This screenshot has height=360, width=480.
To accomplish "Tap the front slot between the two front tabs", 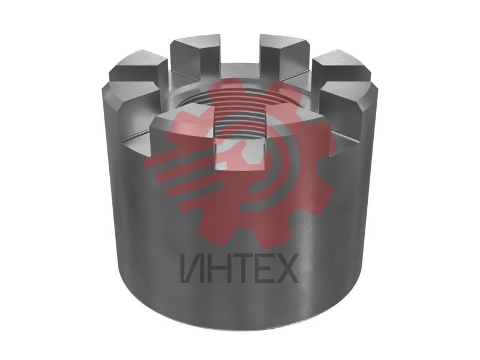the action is click(239, 153).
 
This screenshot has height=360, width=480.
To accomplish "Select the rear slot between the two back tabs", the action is click(239, 70).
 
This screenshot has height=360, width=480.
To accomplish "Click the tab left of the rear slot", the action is click(195, 55).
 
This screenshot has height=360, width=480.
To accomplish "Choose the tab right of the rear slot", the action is click(284, 55).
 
